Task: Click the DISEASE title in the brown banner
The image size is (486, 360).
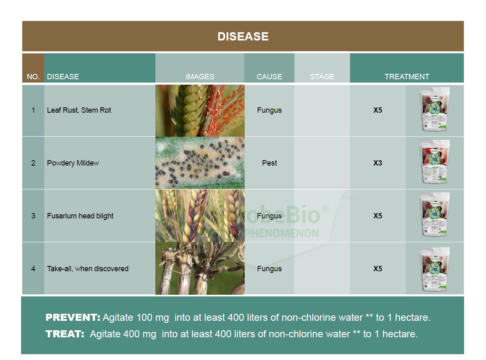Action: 243,37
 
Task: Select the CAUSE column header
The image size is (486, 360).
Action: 269,76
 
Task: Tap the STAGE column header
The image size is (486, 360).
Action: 322,76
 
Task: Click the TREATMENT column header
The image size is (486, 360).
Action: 407,76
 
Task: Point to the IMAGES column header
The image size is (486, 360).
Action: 200,76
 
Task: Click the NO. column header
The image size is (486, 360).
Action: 33,76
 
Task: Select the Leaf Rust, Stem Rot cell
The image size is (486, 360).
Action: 79,110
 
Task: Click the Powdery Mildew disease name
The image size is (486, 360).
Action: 73,163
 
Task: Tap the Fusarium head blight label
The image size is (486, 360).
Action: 80,216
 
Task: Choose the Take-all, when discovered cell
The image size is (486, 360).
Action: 88,269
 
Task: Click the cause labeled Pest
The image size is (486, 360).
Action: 269,163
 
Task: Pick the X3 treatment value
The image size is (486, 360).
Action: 378,163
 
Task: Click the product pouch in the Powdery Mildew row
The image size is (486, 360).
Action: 434,162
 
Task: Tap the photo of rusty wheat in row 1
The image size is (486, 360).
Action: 200,111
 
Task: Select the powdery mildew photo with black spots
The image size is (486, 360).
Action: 200,163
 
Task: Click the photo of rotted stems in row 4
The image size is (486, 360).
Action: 200,268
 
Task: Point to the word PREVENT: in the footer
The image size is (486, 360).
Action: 73,317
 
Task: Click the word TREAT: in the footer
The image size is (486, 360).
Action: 65,334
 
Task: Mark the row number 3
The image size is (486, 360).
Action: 33,216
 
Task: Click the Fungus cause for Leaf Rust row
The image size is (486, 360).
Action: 269,110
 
